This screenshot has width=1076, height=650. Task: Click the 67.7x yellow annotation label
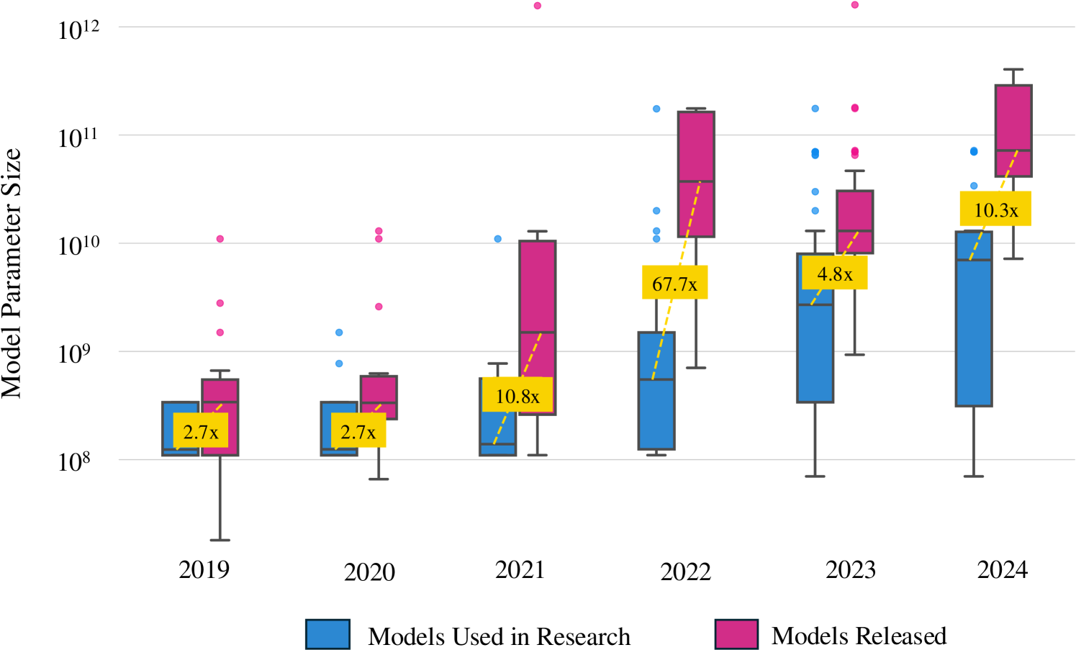(674, 283)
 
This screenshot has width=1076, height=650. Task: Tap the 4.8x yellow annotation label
(835, 273)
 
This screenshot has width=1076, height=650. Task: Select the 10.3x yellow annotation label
(995, 209)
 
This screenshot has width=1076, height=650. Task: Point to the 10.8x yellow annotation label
(517, 395)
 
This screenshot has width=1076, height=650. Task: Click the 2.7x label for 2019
(200, 431)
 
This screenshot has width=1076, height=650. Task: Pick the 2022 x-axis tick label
(685, 572)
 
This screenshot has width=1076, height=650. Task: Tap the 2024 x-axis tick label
(1002, 569)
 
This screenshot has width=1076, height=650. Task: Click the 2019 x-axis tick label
(204, 569)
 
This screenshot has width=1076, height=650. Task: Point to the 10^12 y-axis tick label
(78, 29)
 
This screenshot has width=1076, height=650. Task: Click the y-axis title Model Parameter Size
(12, 274)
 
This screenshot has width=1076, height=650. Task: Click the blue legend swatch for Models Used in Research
(327, 634)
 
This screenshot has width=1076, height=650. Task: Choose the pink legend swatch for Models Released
(736, 634)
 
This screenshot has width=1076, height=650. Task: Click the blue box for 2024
(973, 331)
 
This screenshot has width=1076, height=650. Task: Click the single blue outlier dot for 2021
(498, 239)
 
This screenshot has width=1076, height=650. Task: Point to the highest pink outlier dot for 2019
(220, 239)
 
